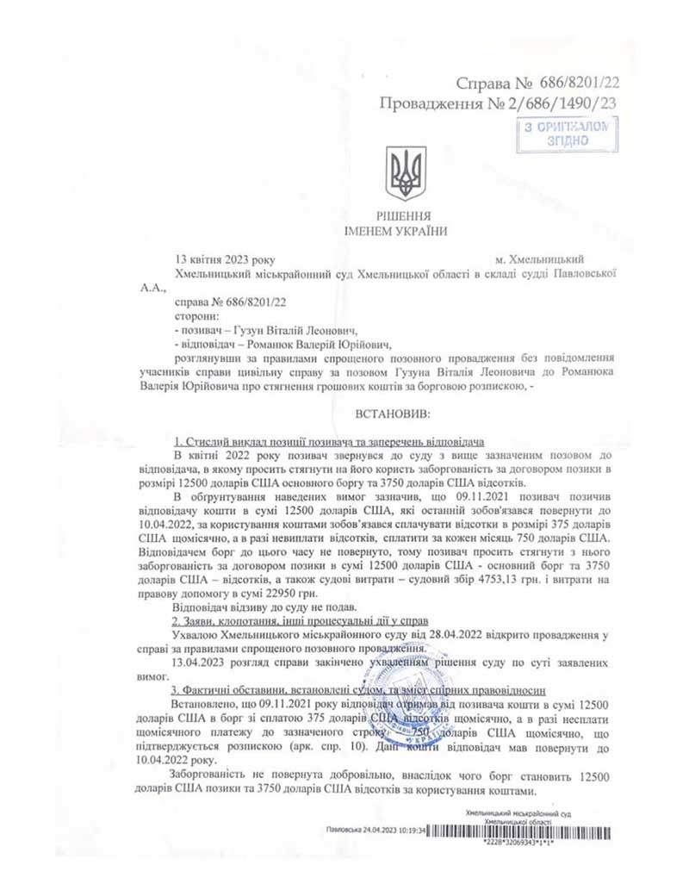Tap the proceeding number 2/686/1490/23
coord(565,103)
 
